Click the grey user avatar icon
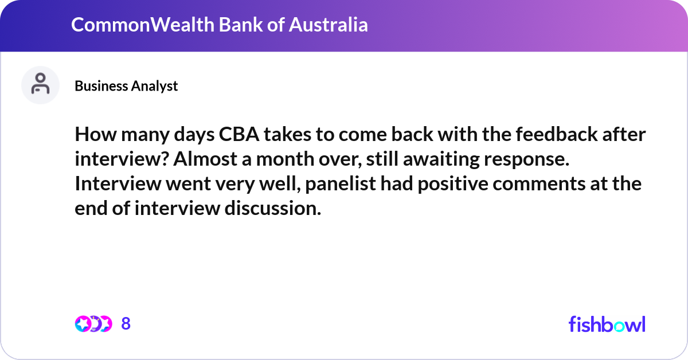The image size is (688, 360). click(x=40, y=85)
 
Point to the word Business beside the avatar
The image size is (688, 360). click(x=100, y=86)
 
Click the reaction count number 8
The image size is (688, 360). click(x=126, y=324)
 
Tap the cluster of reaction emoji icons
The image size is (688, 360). click(x=93, y=324)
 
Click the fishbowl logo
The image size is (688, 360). click(x=607, y=324)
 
